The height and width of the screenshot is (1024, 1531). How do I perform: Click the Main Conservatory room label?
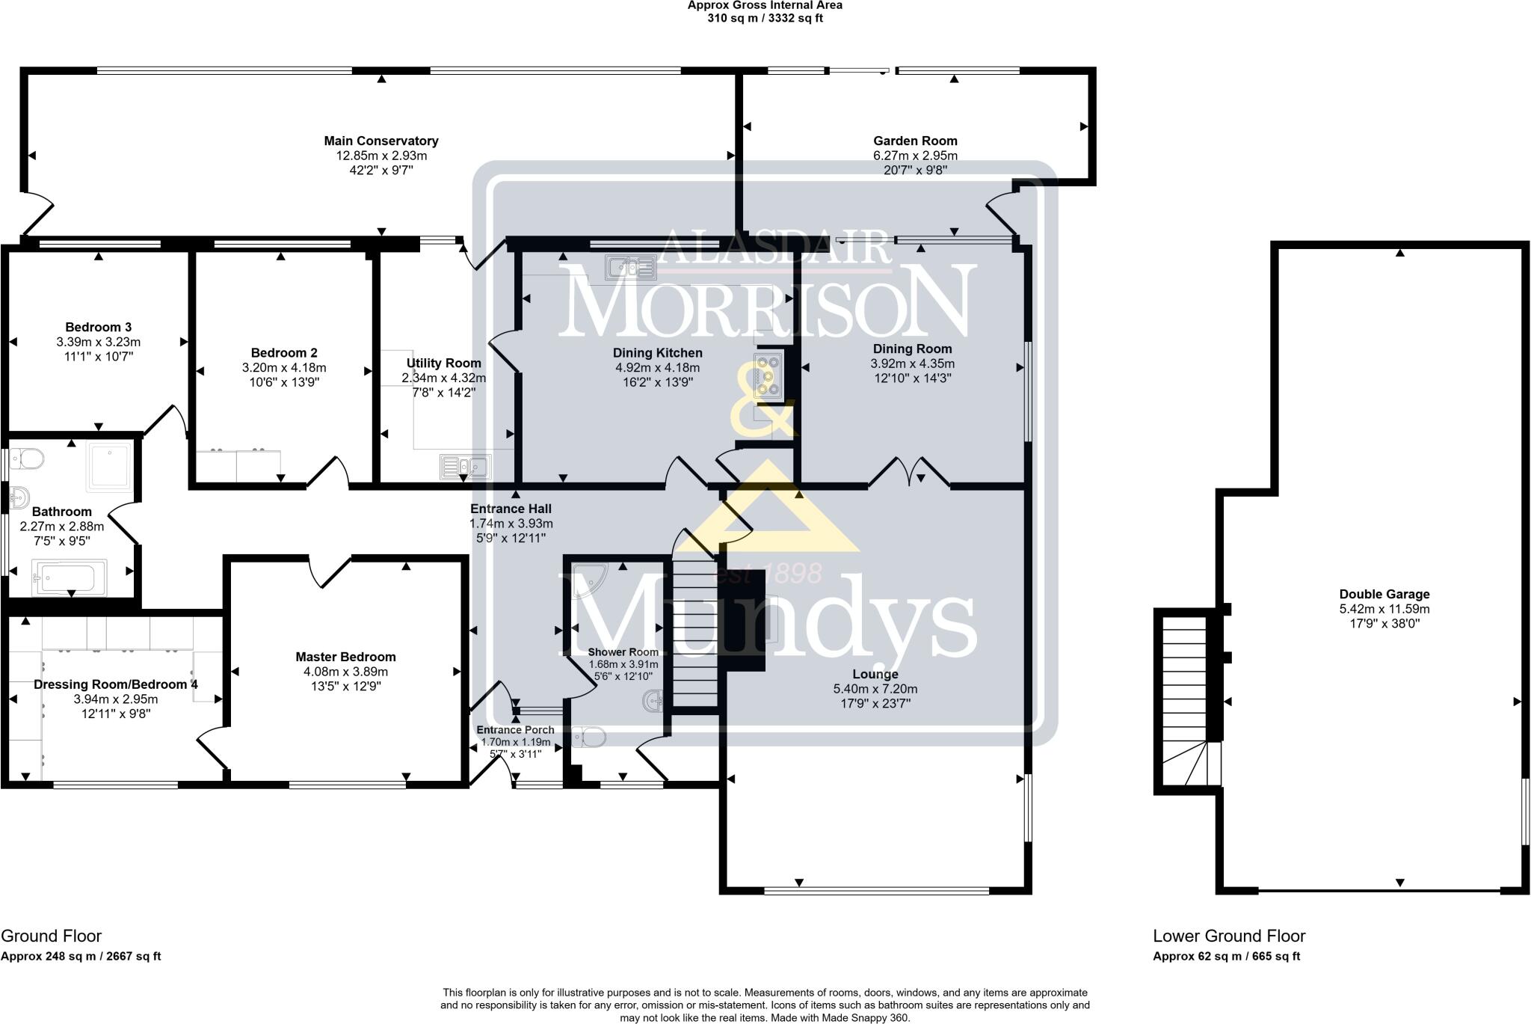[x=381, y=141]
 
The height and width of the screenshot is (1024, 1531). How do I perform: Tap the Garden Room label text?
[x=915, y=141]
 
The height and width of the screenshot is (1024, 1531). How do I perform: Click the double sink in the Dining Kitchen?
[x=632, y=266]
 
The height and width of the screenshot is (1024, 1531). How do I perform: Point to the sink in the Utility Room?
[x=464, y=467]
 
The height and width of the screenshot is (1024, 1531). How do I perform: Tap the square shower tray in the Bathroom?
[x=109, y=466]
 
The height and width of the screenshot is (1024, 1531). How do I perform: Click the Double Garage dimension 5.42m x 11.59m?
[x=1384, y=609]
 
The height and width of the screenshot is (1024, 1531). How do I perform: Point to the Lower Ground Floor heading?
[x=1229, y=936]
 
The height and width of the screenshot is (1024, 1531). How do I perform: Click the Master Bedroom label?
[x=345, y=657]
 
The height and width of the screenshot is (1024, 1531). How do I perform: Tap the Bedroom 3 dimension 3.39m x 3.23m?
[x=98, y=342]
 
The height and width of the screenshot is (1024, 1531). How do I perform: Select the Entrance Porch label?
[x=515, y=730]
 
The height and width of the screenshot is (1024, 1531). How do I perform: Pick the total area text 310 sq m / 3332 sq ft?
[x=765, y=18]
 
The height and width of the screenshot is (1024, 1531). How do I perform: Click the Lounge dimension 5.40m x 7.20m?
[x=875, y=689]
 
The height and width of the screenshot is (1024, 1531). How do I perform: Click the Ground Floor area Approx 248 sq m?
[x=81, y=956]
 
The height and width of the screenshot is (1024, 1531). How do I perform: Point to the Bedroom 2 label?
[x=284, y=353]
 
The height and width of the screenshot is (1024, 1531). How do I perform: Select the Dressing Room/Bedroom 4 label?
[x=116, y=684]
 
